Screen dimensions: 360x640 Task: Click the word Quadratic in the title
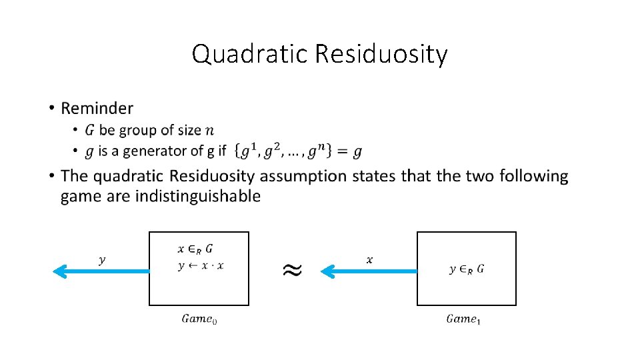250,54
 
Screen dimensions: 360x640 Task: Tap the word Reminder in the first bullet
97,108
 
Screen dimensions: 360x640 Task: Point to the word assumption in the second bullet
301,177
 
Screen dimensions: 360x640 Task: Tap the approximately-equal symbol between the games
291,269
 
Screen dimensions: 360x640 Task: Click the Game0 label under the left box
199,319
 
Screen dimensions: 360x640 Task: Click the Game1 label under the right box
463,319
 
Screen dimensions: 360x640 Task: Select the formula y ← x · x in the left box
201,265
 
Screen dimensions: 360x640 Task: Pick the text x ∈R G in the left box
196,249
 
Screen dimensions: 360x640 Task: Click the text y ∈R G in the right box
467,269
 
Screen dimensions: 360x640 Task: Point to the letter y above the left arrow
102,260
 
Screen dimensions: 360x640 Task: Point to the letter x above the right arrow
369,260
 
